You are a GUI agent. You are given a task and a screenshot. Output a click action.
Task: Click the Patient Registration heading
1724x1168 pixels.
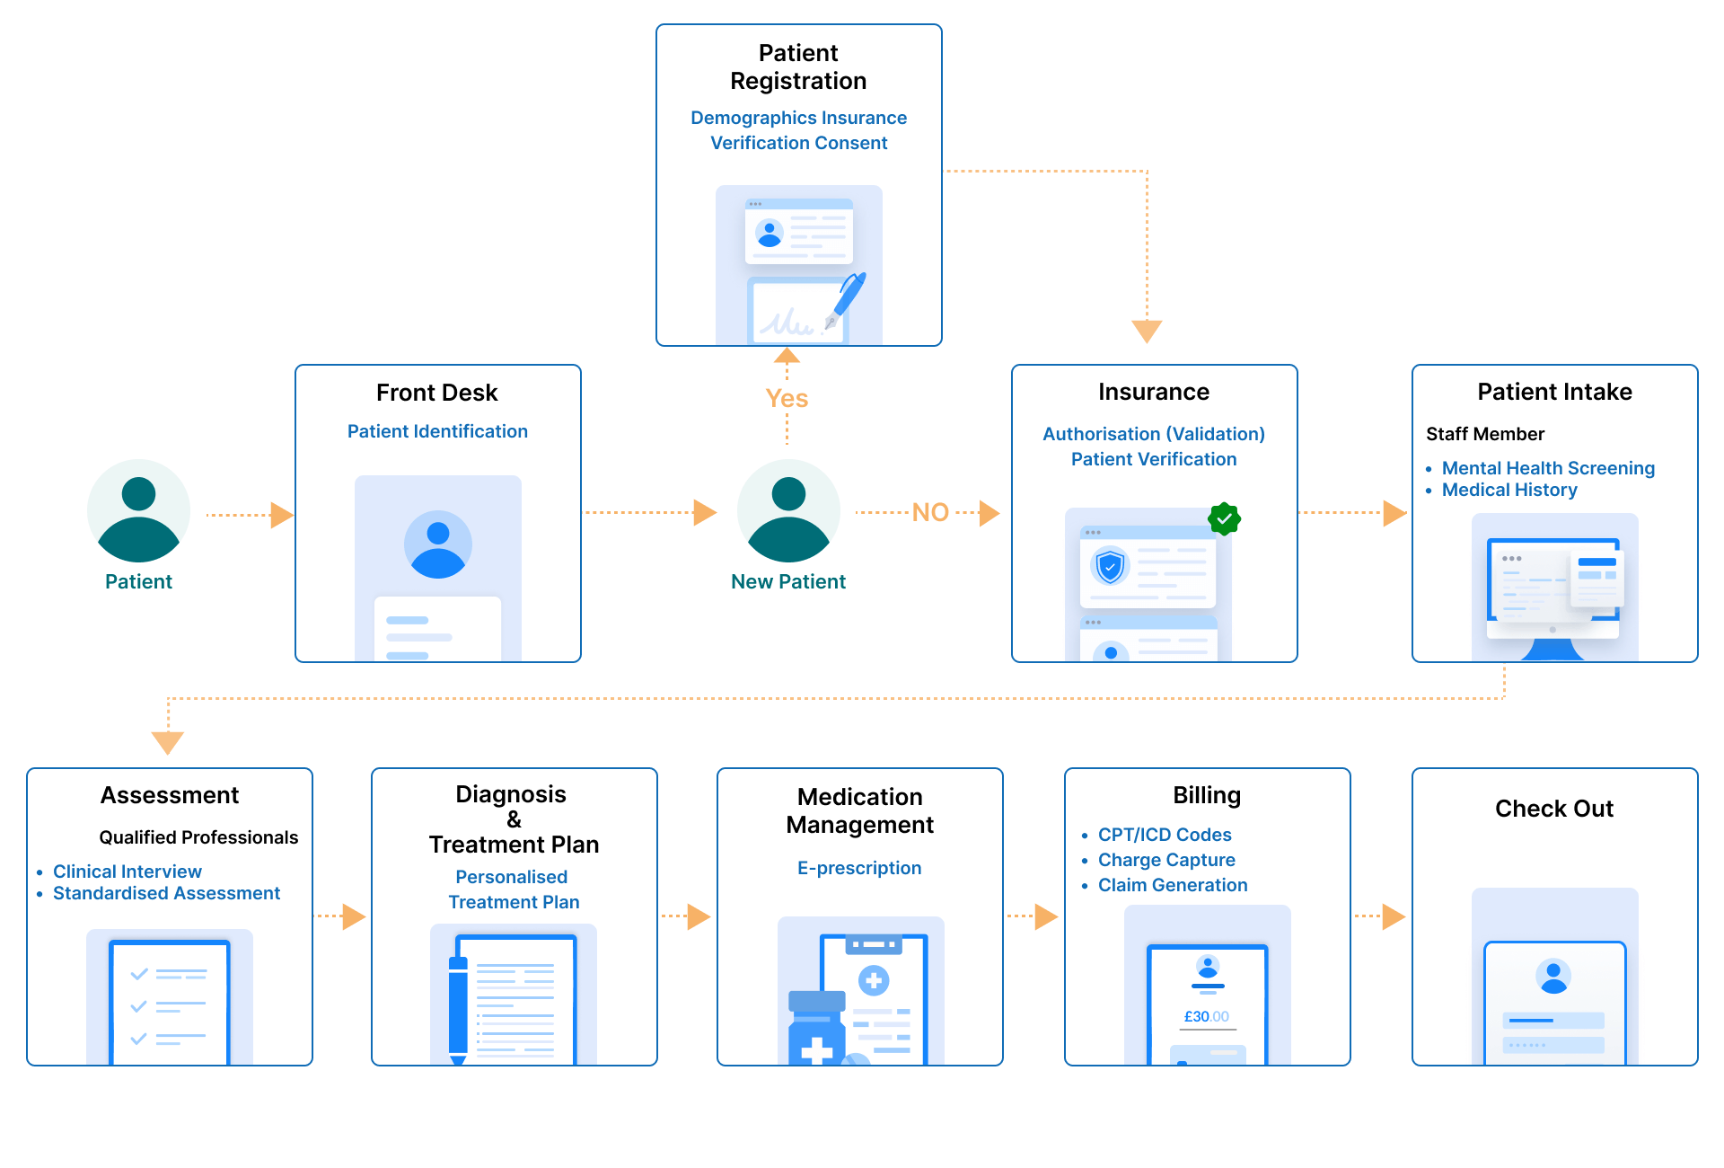pos(798,67)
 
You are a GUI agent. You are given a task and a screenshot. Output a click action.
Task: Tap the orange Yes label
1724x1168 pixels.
pos(787,399)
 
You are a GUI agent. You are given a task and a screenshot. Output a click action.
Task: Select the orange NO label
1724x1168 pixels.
pos(930,512)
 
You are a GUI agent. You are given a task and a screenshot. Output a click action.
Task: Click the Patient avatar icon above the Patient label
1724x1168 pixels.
pos(139,511)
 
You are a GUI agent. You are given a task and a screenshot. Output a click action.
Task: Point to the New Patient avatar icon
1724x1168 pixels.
pos(788,511)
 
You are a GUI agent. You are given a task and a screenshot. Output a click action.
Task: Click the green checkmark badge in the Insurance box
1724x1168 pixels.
pos(1224,518)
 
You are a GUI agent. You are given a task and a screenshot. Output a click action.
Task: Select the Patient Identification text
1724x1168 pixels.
pos(437,431)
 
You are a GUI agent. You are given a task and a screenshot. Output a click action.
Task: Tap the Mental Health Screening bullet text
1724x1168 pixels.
pos(1547,468)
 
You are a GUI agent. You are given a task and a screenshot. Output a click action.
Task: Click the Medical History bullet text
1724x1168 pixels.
pos(1508,490)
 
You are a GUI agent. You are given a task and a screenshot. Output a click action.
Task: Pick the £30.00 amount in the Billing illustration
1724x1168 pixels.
pos(1206,1016)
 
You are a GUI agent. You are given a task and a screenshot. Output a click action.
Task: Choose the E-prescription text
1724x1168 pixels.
pos(859,868)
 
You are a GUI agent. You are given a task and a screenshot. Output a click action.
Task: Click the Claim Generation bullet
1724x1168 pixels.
pos(1172,885)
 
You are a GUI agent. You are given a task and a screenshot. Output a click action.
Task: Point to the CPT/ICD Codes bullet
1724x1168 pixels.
pos(1164,835)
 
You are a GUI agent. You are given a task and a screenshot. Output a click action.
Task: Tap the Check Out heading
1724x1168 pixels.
pos(1553,809)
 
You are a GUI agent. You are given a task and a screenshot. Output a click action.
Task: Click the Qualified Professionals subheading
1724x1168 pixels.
pos(198,837)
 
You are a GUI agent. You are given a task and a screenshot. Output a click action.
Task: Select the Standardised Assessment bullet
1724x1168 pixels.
pos(166,893)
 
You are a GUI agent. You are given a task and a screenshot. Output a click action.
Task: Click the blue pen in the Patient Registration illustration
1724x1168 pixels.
pos(849,296)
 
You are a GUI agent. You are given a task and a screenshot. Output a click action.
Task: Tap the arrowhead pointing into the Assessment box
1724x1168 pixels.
pos(168,742)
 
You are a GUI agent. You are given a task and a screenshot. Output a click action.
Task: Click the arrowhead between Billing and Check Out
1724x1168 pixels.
pos(1393,916)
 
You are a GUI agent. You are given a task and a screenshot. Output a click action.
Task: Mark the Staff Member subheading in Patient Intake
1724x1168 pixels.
pos(1485,434)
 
